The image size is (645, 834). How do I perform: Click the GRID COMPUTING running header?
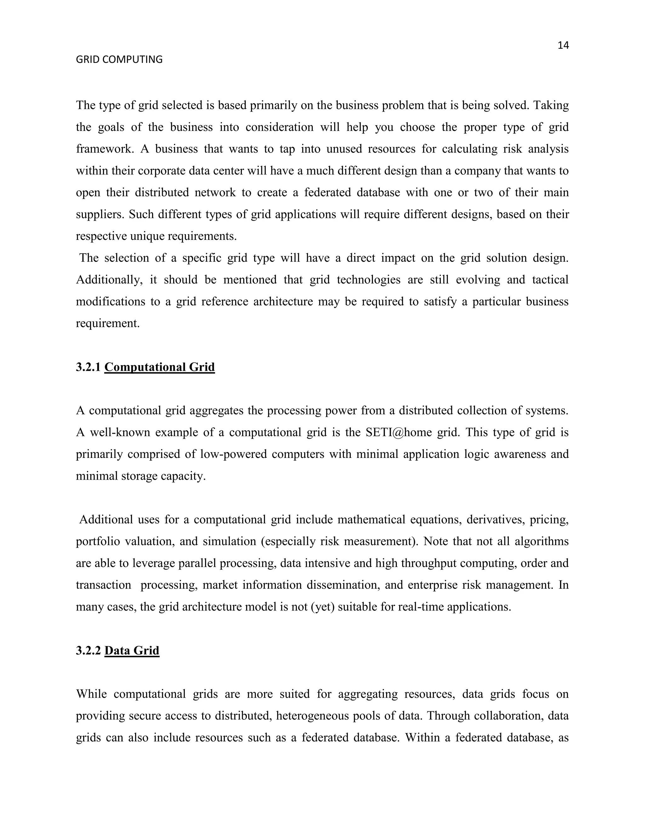[x=119, y=59]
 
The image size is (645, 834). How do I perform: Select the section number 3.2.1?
[x=88, y=367]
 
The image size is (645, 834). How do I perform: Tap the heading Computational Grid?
[x=159, y=367]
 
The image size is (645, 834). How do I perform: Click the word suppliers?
[x=100, y=215]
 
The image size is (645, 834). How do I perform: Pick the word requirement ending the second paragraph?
[x=107, y=324]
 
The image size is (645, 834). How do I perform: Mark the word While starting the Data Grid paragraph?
[x=92, y=694]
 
